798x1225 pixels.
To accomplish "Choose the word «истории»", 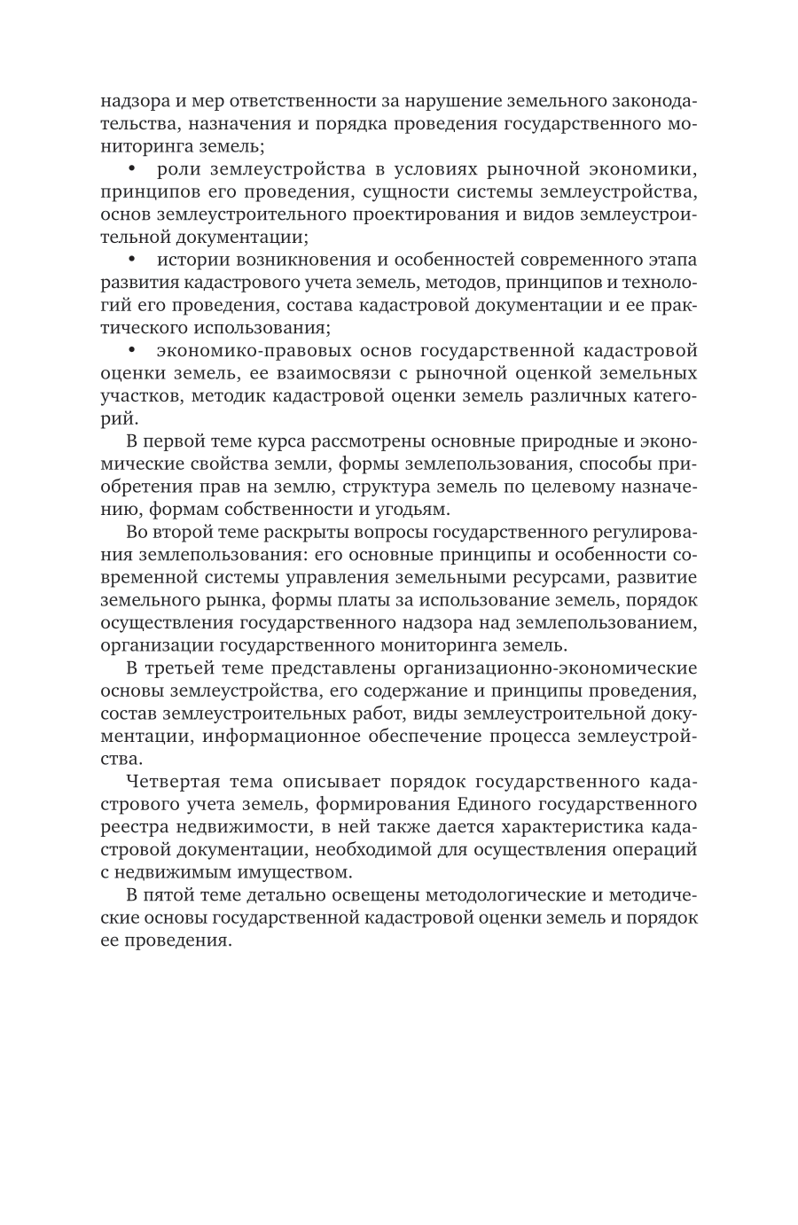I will [x=188, y=260].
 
